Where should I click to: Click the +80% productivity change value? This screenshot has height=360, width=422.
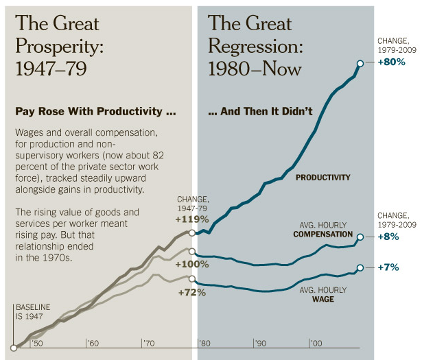[392, 62]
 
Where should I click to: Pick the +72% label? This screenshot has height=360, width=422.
[192, 292]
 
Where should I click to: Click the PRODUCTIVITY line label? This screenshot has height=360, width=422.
[323, 178]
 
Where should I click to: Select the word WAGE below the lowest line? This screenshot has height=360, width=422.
[323, 299]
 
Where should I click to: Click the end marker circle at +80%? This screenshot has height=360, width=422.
[360, 62]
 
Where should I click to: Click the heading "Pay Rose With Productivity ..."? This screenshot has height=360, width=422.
[96, 111]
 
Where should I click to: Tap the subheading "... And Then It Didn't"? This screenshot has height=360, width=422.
[260, 111]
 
